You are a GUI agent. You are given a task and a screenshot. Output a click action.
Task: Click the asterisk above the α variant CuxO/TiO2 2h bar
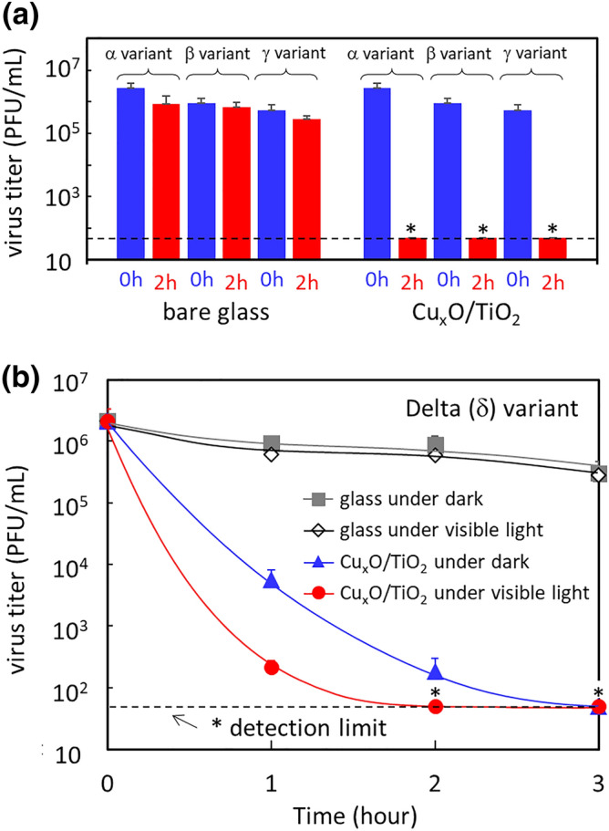pos(411,228)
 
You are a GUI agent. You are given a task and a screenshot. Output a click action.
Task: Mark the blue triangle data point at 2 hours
pos(436,672)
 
